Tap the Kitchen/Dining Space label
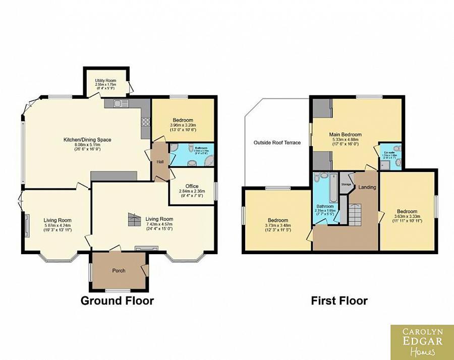point(87,139)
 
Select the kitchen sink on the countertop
point(121,103)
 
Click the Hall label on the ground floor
point(159,161)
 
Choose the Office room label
point(192,186)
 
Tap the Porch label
point(119,271)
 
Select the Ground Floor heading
point(117,301)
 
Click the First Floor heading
point(339,301)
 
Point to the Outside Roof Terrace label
point(277,143)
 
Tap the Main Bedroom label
point(346,135)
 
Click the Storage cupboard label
point(346,185)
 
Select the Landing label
point(367,188)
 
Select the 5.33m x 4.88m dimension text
point(345,140)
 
